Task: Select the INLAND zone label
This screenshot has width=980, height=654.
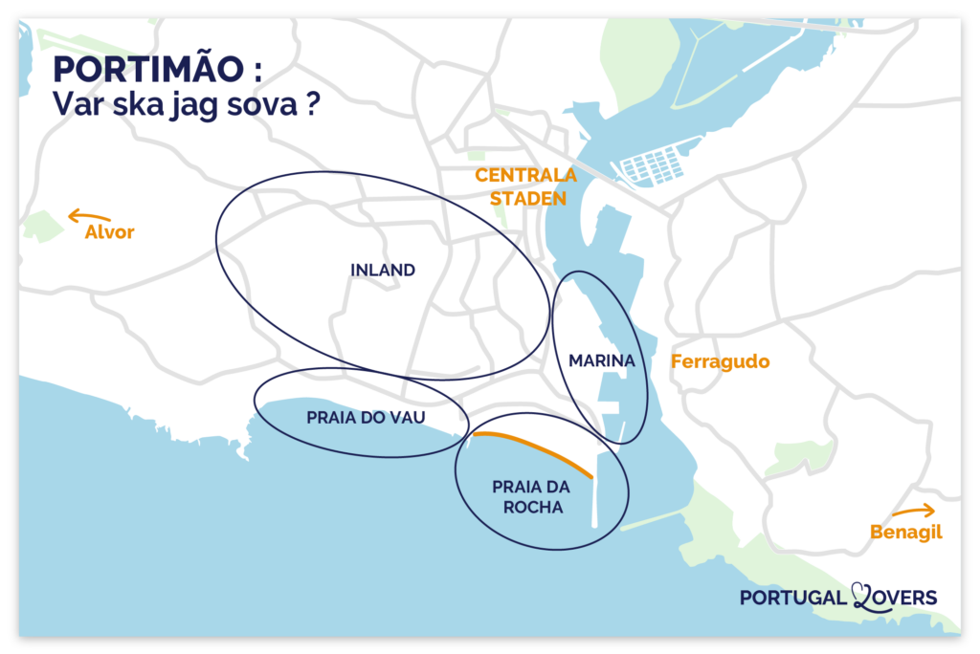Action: [383, 271]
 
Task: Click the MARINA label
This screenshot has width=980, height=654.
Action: [602, 361]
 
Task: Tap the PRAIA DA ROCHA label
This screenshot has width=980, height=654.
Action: [526, 497]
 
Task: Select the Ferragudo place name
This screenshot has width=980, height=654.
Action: [720, 362]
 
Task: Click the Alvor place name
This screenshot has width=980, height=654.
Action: [110, 232]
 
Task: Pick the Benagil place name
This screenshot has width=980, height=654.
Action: [905, 533]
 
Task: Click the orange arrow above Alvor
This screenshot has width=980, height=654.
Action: [88, 215]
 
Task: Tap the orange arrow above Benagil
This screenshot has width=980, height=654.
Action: [913, 512]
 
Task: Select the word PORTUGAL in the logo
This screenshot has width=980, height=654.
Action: [793, 598]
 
